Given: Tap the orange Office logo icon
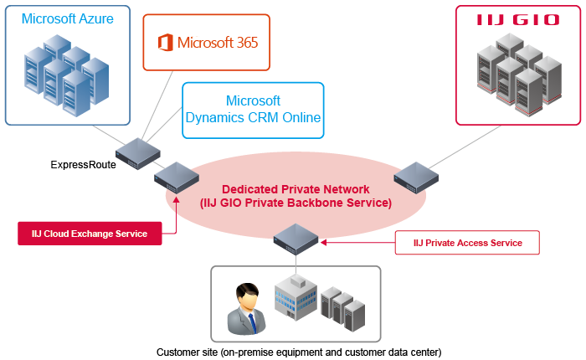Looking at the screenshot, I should [165, 42].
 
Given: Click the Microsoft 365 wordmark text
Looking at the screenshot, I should [218, 43].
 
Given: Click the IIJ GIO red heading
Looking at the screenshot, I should [518, 20].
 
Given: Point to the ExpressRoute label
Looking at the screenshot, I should [84, 164].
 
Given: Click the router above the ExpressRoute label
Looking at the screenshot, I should [138, 152].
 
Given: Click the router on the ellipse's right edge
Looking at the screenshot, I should [416, 177].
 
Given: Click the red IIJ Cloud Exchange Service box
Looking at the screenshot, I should [90, 234].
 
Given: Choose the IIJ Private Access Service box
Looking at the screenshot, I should [467, 243].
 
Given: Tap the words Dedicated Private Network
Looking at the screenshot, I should [295, 189].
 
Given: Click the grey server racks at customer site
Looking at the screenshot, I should [343, 307].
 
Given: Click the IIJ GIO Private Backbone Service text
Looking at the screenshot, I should [295, 203].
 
